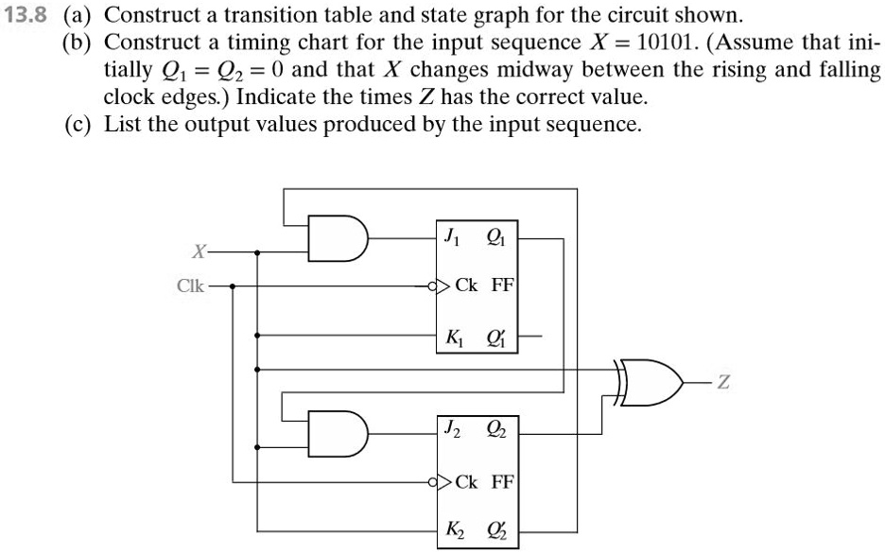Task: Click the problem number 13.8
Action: tap(27, 16)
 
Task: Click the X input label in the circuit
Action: tap(198, 252)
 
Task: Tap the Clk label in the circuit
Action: tap(190, 285)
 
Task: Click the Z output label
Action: tap(724, 383)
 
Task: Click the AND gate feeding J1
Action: tap(338, 241)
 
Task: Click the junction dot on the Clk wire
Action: tap(234, 285)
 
